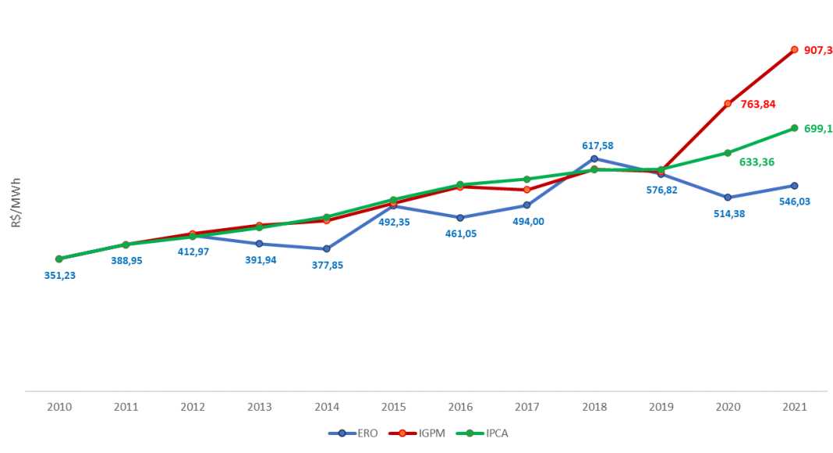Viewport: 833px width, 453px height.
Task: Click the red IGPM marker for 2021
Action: click(794, 49)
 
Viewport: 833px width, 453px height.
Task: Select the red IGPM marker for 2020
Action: click(727, 103)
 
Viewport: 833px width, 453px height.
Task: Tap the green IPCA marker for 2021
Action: click(794, 127)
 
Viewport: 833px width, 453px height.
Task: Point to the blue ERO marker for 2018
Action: click(594, 159)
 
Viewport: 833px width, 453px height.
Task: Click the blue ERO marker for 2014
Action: click(326, 248)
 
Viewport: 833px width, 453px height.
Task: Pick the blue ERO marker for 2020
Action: click(727, 197)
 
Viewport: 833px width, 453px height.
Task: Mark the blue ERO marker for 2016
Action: click(460, 217)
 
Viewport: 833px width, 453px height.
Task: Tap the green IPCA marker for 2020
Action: click(727, 152)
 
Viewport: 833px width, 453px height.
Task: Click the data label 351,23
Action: click(59, 275)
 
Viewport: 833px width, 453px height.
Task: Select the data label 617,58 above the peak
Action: click(598, 145)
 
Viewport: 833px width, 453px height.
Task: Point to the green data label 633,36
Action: click(756, 162)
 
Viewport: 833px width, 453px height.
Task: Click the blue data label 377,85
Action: click(327, 265)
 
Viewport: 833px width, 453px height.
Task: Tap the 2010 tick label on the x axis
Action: click(59, 406)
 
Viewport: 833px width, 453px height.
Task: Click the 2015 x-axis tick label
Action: click(393, 406)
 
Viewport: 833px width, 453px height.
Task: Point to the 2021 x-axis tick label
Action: click(794, 406)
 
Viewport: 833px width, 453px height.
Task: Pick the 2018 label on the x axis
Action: click(594, 406)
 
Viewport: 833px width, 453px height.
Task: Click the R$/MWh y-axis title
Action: click(16, 202)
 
